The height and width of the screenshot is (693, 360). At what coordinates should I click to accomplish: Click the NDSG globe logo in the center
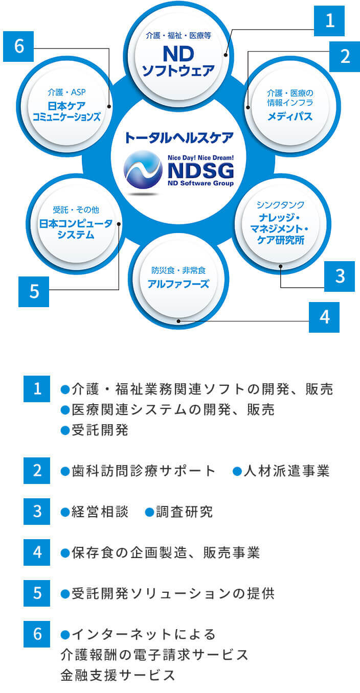[x=143, y=170]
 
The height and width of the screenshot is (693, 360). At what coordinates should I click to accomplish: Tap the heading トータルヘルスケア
[x=179, y=137]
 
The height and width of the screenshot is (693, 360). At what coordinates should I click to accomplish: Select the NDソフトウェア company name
[x=178, y=61]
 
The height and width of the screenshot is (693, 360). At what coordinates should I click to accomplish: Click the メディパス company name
[x=290, y=117]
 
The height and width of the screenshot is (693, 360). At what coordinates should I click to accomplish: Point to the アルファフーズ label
[x=178, y=284]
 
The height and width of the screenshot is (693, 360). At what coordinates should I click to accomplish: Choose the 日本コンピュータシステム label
[x=76, y=229]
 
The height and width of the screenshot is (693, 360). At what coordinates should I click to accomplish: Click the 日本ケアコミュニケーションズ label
[x=66, y=111]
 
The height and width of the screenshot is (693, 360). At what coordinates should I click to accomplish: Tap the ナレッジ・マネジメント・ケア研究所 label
[x=280, y=228]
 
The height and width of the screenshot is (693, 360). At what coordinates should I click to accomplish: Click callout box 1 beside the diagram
[x=329, y=21]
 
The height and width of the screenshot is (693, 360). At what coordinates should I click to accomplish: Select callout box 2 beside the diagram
[x=345, y=56]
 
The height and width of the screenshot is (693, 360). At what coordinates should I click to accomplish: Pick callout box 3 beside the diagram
[x=340, y=276]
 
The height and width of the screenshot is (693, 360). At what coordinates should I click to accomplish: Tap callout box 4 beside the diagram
[x=324, y=317]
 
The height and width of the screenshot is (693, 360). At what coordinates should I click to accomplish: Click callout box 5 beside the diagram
[x=34, y=292]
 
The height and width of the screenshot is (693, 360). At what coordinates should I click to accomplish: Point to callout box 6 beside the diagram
[x=18, y=47]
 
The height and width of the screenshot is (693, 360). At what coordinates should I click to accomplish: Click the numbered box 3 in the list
[x=37, y=512]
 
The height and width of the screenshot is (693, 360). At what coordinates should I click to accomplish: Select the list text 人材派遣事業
[x=286, y=471]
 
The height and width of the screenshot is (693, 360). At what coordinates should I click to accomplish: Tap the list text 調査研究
[x=184, y=512]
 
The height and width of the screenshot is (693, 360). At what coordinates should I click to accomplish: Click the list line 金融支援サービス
[x=118, y=675]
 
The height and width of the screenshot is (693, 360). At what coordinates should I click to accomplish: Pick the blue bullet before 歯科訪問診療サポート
[x=65, y=471]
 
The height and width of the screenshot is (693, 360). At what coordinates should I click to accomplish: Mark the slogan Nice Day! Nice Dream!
[x=200, y=158]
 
